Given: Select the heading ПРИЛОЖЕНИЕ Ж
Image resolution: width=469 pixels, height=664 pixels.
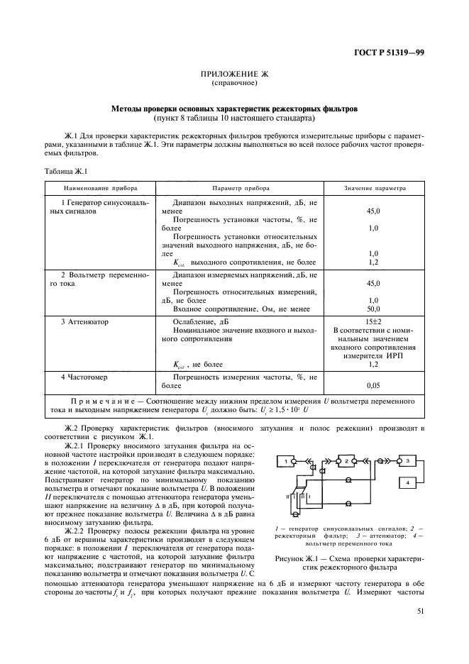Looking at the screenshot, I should [234, 74].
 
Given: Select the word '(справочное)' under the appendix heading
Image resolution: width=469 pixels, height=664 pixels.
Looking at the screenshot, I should [234, 83].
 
